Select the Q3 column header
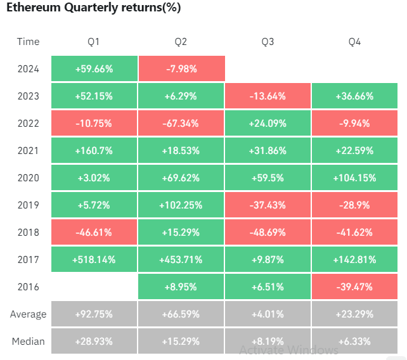(x=268, y=42)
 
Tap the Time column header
(x=29, y=42)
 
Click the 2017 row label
(x=29, y=259)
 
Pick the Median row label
(x=29, y=341)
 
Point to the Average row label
(x=29, y=314)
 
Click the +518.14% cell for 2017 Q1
(x=94, y=259)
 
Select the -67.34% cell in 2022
(x=181, y=124)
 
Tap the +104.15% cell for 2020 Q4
(x=354, y=178)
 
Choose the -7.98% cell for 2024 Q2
(x=181, y=69)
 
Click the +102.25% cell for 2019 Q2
(x=181, y=205)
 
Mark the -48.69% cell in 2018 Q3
(x=268, y=233)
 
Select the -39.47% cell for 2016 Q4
(x=354, y=286)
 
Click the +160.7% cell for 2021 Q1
(x=94, y=151)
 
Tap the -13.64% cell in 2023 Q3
(x=268, y=96)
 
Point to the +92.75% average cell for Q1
(x=94, y=314)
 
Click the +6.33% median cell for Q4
(x=354, y=341)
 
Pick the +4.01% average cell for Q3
(x=268, y=314)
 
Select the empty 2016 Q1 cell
(x=94, y=286)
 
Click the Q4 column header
(x=354, y=42)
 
